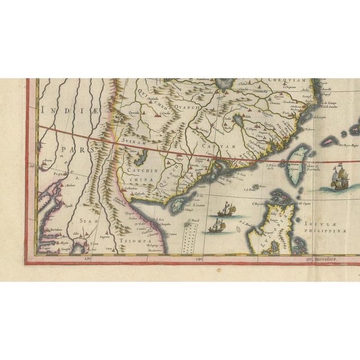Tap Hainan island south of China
click(181, 201)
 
